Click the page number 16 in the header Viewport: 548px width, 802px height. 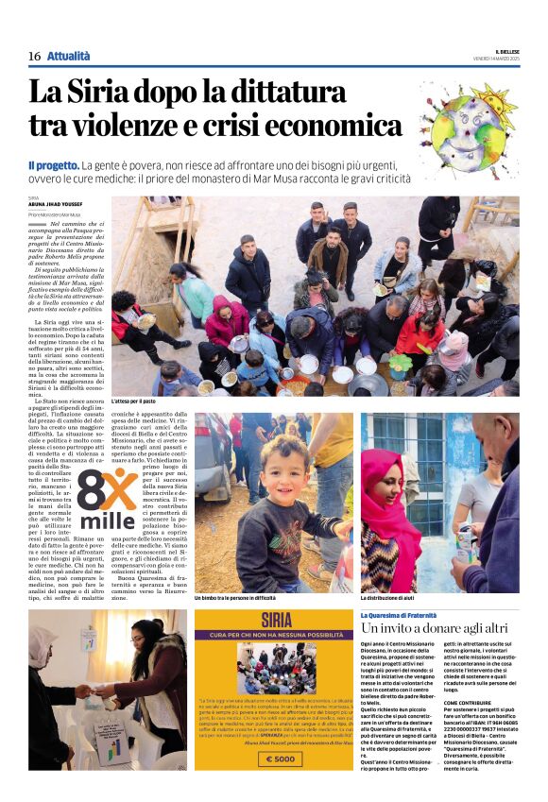click(34, 57)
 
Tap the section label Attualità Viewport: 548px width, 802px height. click(69, 57)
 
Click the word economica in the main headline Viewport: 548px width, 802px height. click(325, 125)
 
